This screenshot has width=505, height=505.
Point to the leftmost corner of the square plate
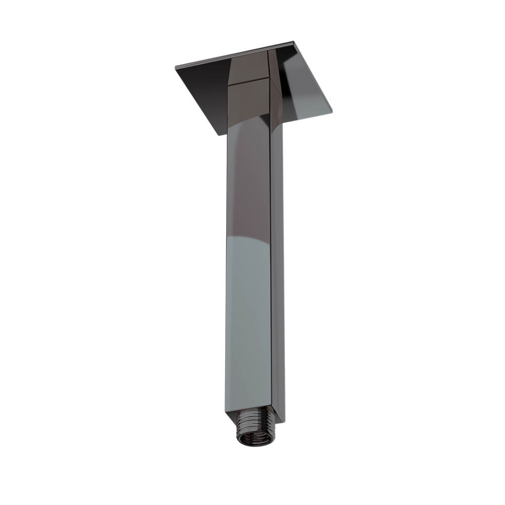click(176, 68)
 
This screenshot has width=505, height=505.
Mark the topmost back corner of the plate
click(292, 41)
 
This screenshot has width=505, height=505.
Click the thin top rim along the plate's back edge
click(237, 54)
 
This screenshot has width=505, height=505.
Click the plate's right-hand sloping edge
click(312, 76)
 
